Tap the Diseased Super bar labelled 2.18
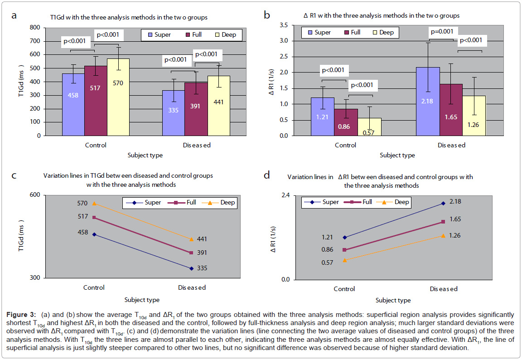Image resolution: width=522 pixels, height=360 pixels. [x=427, y=102]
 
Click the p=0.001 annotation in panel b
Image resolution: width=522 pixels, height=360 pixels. [x=443, y=31]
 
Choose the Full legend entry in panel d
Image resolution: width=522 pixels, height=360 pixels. [x=361, y=202]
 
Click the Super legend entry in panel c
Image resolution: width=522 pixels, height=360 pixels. [x=147, y=202]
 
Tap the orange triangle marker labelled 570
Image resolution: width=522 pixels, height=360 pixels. [x=94, y=204]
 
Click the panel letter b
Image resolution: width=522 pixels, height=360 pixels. [x=267, y=15]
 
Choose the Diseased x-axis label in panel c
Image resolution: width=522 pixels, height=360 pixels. [x=192, y=287]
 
